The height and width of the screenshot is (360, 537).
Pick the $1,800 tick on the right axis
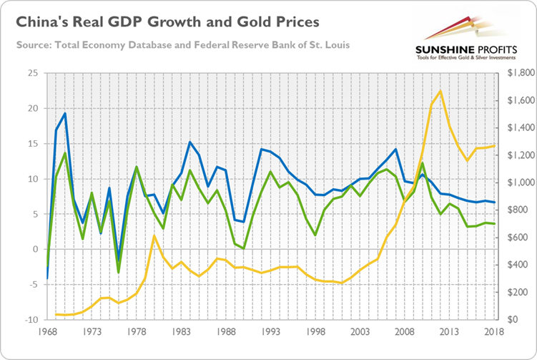(518, 74)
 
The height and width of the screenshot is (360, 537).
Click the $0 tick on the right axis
(511, 319)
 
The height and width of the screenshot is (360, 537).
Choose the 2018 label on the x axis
(494, 332)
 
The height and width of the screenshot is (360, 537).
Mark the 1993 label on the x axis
(271, 332)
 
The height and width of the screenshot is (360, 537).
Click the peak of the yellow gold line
(440, 91)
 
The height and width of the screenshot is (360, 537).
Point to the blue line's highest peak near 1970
(65, 113)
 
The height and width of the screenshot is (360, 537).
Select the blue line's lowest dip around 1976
(119, 261)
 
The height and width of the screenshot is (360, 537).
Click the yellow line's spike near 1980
(154, 235)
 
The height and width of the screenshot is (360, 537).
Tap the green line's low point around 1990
(244, 248)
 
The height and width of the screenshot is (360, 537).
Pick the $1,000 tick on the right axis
(518, 183)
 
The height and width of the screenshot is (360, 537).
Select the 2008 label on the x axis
(405, 332)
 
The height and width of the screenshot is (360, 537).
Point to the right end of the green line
(494, 224)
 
